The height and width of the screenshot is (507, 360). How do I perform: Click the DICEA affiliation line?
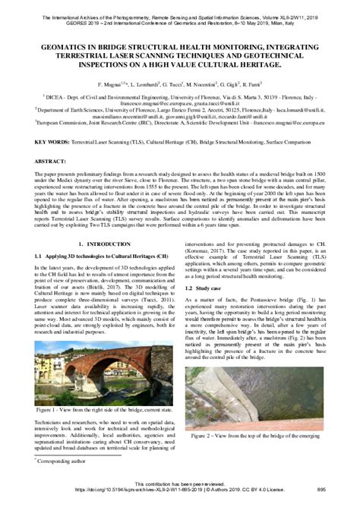[180, 98]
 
